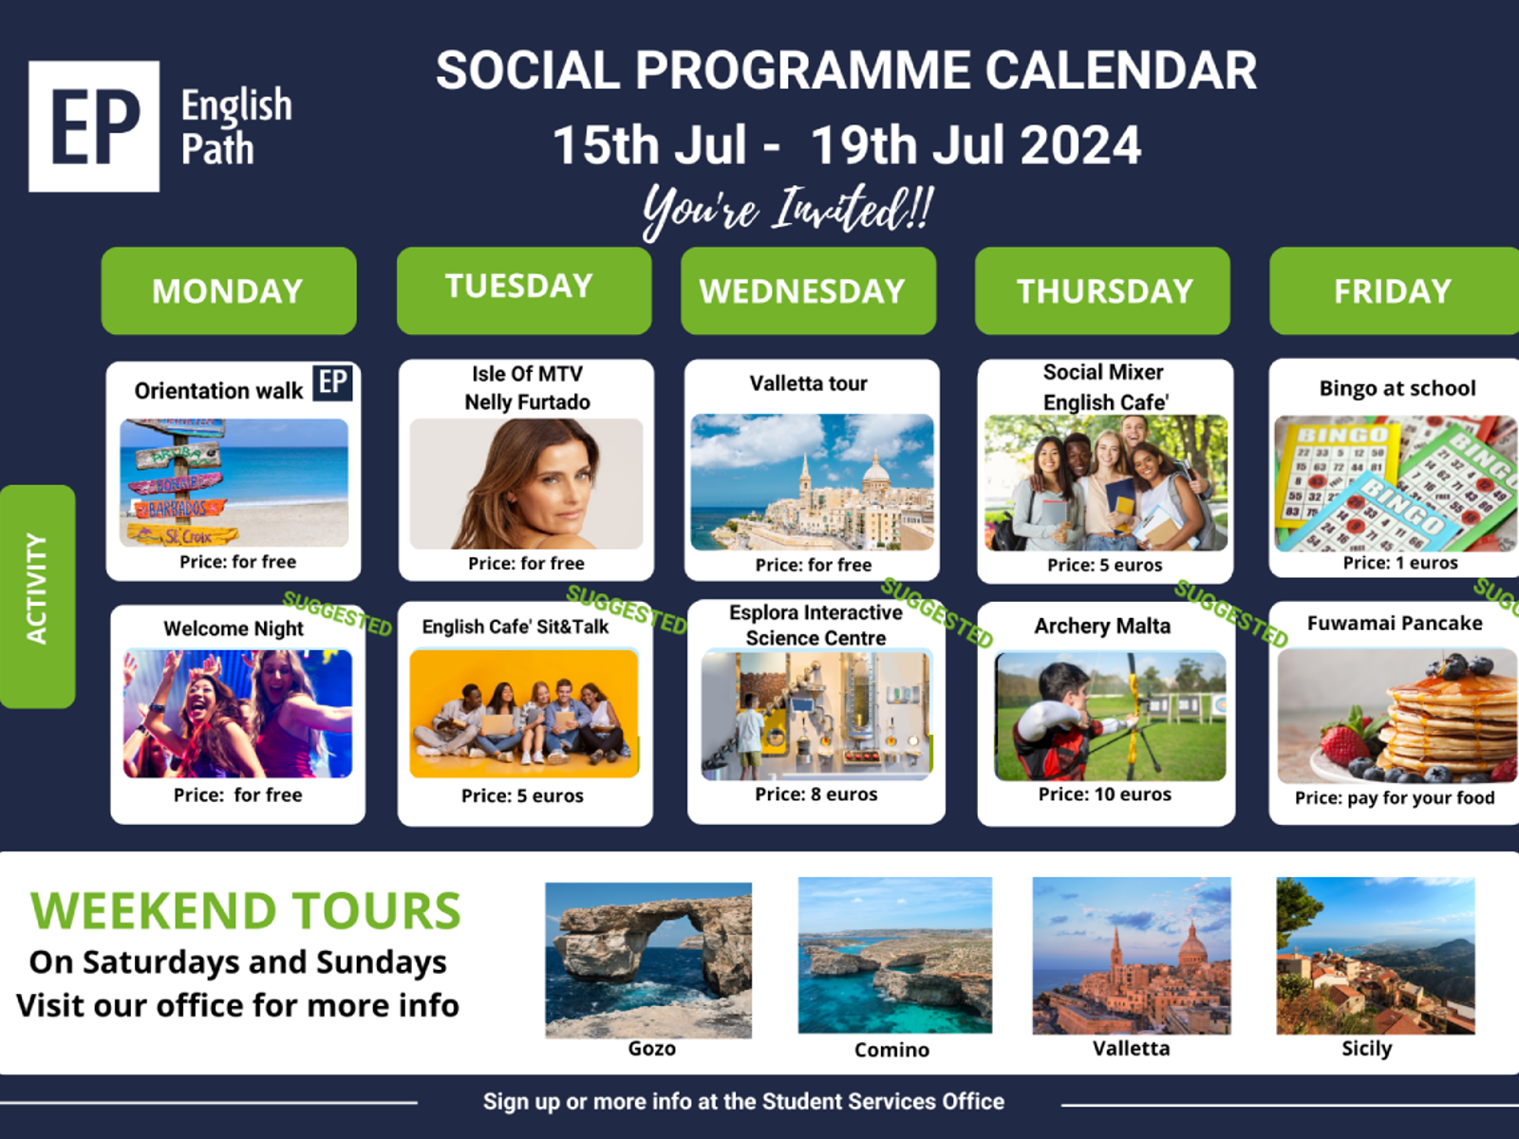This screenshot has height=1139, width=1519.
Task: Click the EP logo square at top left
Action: [94, 126]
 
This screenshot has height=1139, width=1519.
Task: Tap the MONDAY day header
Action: [228, 290]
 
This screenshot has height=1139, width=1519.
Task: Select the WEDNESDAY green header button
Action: [808, 290]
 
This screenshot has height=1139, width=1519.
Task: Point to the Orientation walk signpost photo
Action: [234, 482]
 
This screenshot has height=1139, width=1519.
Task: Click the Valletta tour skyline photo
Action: [812, 482]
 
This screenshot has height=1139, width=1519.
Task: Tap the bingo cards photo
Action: [1395, 483]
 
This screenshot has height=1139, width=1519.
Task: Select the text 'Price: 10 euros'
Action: [1104, 794]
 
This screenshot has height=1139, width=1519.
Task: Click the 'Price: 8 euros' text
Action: [816, 794]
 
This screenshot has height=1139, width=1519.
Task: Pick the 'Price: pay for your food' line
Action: [1394, 798]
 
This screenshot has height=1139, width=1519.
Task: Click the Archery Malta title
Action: [1102, 626]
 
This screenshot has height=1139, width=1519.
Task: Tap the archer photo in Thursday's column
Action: [1110, 716]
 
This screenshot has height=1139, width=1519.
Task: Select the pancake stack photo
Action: [1397, 715]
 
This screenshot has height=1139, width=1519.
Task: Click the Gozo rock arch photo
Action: [648, 960]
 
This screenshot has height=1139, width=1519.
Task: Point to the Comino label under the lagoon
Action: [891, 1050]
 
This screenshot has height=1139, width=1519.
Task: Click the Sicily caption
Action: [1366, 1049]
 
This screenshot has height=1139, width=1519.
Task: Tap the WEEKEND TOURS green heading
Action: [246, 911]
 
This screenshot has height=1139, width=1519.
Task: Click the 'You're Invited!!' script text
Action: [788, 210]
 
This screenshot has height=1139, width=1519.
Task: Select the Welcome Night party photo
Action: [237, 714]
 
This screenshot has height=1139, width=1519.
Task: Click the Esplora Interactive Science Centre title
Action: [816, 626]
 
